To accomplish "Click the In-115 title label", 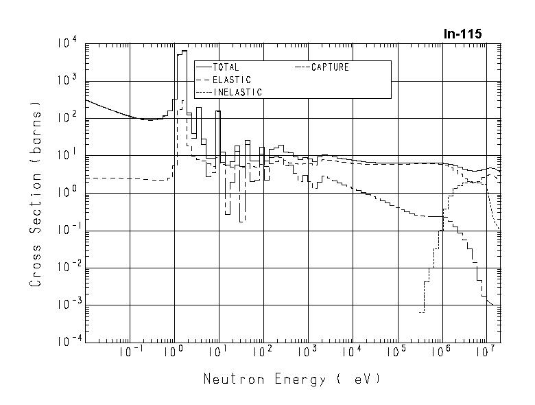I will [464, 34].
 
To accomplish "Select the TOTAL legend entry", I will [226, 67].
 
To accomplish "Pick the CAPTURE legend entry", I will [330, 67].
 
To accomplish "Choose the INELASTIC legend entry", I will [237, 92].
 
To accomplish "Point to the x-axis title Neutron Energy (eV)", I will [292, 379].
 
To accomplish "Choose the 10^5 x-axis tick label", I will [396, 353].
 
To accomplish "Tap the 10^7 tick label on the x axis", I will [486, 353].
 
